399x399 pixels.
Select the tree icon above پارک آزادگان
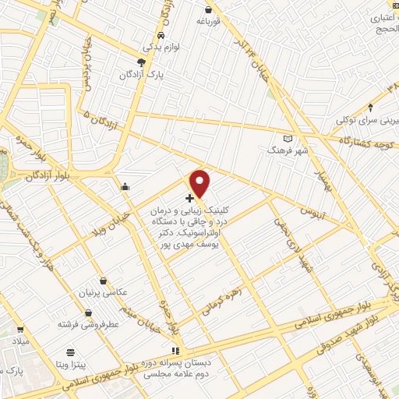141,62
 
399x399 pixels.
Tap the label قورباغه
209,22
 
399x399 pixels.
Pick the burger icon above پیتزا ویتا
70,352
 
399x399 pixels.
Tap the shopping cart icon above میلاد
19,330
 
